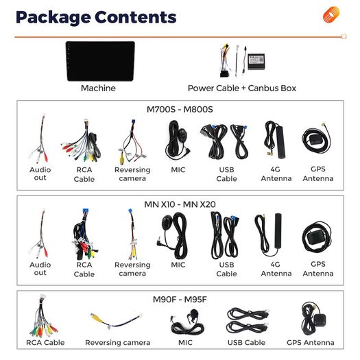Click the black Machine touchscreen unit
point(100,61)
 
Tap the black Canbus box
point(256,62)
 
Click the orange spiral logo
point(331,14)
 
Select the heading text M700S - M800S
point(180,109)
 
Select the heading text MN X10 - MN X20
point(180,204)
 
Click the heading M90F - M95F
point(180,300)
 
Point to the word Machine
point(98,88)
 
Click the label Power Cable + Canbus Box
point(242,88)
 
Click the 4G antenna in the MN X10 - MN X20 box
point(268,235)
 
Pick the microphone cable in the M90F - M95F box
point(187,322)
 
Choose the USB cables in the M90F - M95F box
point(248,320)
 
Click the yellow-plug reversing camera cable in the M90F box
point(116,320)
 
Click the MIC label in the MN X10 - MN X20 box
point(178,265)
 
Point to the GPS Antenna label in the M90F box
point(311,343)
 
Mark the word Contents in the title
point(136,17)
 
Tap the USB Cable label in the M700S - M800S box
point(226,174)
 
